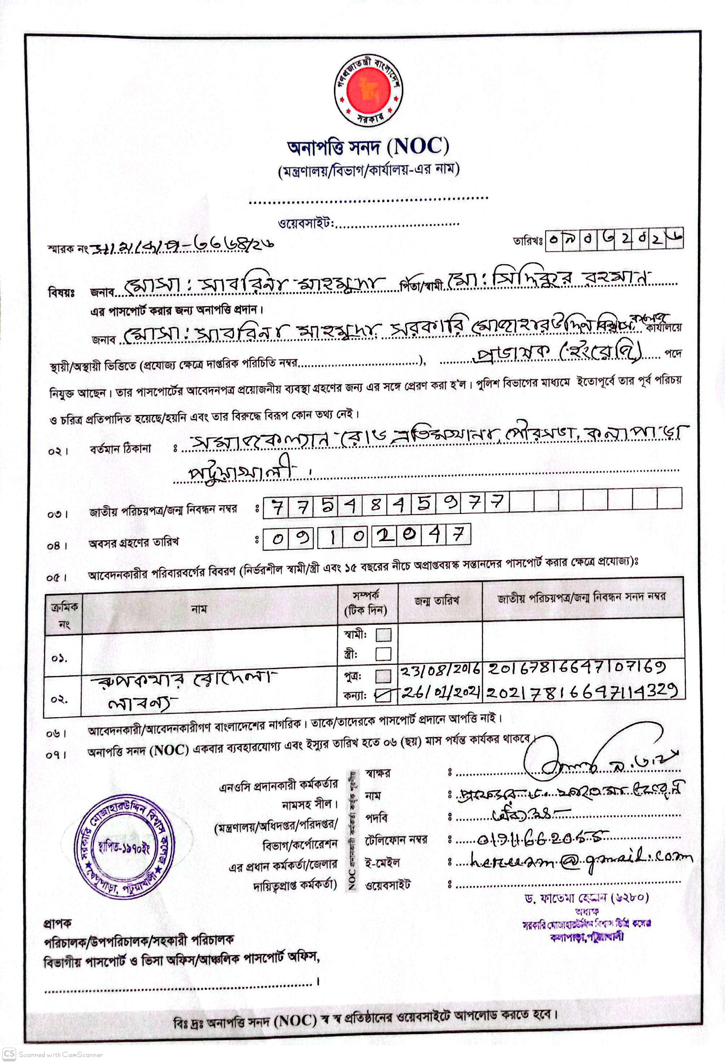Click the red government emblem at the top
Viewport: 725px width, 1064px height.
tap(368, 90)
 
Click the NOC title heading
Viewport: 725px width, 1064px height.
tap(368, 147)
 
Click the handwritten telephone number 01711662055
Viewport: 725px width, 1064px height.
tap(543, 837)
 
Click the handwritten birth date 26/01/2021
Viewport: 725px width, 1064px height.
tap(440, 692)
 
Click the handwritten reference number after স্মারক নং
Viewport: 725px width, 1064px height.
tap(183, 246)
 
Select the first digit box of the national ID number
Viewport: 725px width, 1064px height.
tap(276, 506)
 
